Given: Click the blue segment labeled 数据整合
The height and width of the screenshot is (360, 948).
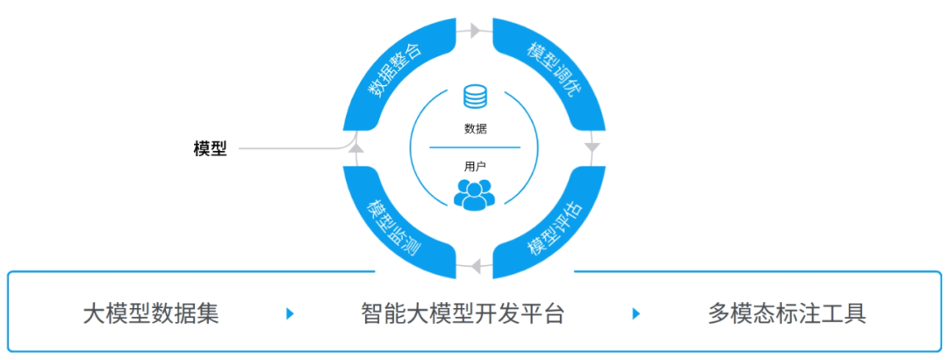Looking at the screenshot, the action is point(395,70).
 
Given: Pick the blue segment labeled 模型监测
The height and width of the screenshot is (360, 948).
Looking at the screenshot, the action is point(395,225).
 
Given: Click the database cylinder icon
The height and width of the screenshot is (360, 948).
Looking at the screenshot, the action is point(475,97).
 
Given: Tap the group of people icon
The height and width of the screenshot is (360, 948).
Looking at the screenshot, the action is point(475,193).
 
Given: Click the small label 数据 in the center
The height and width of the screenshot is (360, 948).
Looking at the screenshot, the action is point(475,128).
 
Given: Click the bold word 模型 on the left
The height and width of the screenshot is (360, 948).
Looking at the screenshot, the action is point(210,148).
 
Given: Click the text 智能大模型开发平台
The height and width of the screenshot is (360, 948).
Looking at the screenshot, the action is point(462,313).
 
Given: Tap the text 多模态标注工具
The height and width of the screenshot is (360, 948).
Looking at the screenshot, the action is point(786,313).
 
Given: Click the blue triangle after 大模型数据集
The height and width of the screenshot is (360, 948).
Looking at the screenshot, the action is point(291,313).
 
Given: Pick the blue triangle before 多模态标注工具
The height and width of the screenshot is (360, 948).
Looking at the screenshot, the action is point(636,313).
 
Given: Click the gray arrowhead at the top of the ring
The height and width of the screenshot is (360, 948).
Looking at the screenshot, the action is point(475,31).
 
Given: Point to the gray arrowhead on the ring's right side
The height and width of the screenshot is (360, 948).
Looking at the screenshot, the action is point(593,148).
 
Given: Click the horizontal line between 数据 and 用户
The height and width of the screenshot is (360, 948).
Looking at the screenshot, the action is point(475,147).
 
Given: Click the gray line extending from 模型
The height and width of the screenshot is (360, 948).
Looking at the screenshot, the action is point(290,148).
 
